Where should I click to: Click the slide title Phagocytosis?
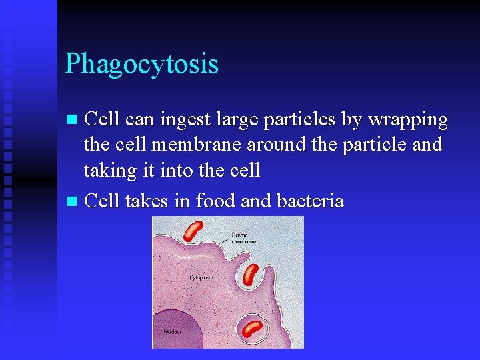tap(141, 65)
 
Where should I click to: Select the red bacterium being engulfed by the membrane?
tap(251, 274)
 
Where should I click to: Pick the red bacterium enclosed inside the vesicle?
tap(253, 329)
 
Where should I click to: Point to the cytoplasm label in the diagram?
tap(201, 276)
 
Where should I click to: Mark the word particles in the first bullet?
tap(297, 120)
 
